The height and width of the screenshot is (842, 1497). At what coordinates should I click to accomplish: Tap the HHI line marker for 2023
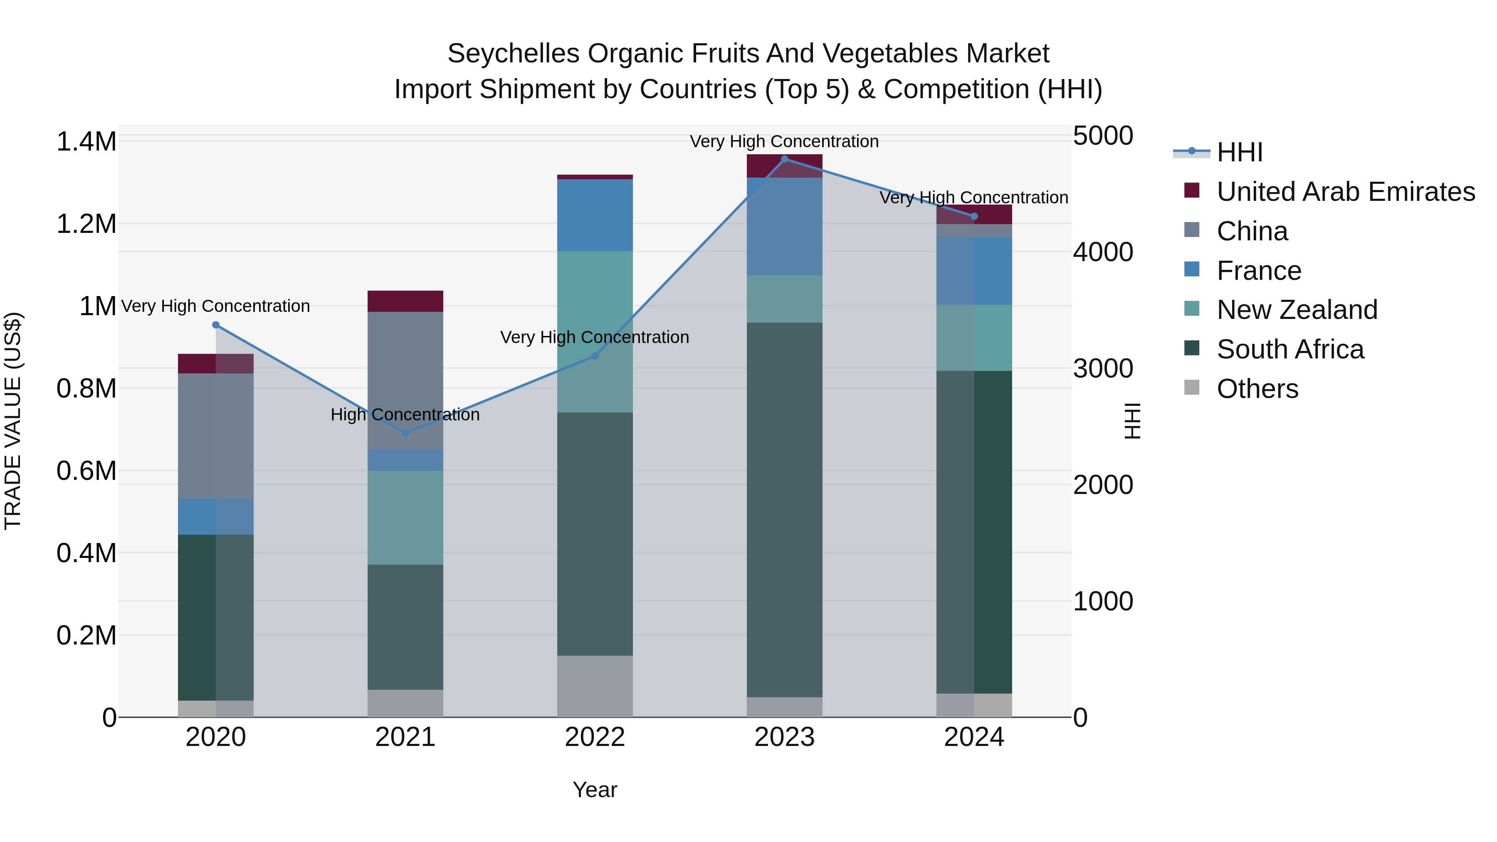pyautogui.click(x=785, y=159)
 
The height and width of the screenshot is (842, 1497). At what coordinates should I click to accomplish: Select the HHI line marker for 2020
pyautogui.click(x=215, y=325)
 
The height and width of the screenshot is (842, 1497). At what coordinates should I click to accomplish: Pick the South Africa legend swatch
pyautogui.click(x=1192, y=349)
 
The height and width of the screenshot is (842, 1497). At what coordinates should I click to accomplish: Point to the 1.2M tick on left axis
pyautogui.click(x=86, y=224)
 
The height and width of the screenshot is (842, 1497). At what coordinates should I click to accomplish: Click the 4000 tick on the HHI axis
pyautogui.click(x=1102, y=252)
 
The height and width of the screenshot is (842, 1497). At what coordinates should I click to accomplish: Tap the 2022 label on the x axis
pyautogui.click(x=595, y=737)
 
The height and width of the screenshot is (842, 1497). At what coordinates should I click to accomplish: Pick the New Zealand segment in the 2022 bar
pyautogui.click(x=595, y=331)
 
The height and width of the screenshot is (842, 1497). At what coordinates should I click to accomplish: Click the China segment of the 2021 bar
pyautogui.click(x=405, y=380)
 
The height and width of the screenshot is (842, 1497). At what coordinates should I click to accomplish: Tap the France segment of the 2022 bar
pyautogui.click(x=595, y=215)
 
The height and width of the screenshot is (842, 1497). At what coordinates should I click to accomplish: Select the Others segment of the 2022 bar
pyautogui.click(x=595, y=686)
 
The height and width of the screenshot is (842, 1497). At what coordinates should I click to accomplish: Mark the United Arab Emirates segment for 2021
pyautogui.click(x=405, y=301)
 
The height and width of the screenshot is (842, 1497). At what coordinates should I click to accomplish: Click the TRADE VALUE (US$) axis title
pyautogui.click(x=13, y=421)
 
